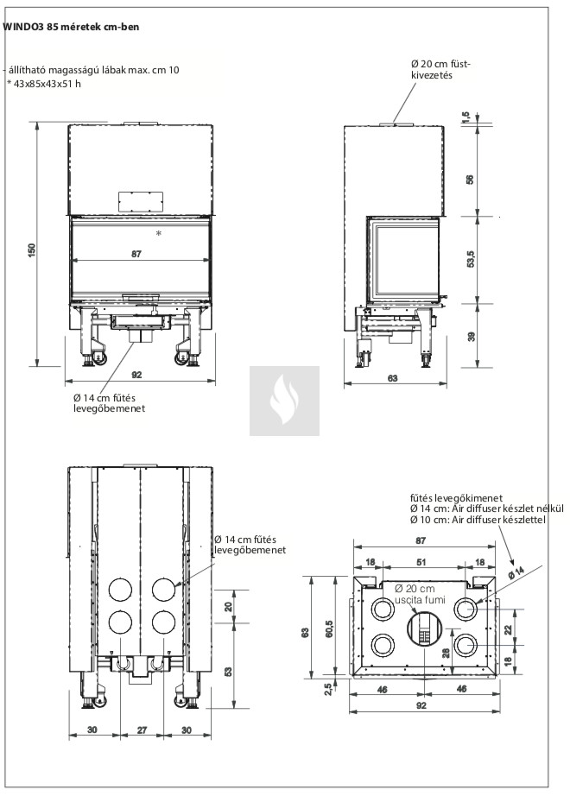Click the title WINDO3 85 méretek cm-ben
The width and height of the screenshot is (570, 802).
point(72,28)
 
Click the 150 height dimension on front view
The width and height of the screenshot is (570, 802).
point(32,249)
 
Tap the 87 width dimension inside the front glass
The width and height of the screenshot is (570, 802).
point(136,254)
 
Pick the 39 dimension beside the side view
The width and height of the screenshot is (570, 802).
point(470,337)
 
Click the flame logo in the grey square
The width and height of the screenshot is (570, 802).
point(284,401)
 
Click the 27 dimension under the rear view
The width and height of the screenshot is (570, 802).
point(142,729)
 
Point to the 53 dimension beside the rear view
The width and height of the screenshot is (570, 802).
point(228,672)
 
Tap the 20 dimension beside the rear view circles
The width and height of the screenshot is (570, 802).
point(228,607)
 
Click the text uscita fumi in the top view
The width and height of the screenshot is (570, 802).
point(421,599)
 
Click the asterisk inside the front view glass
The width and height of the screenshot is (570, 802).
point(159,234)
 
